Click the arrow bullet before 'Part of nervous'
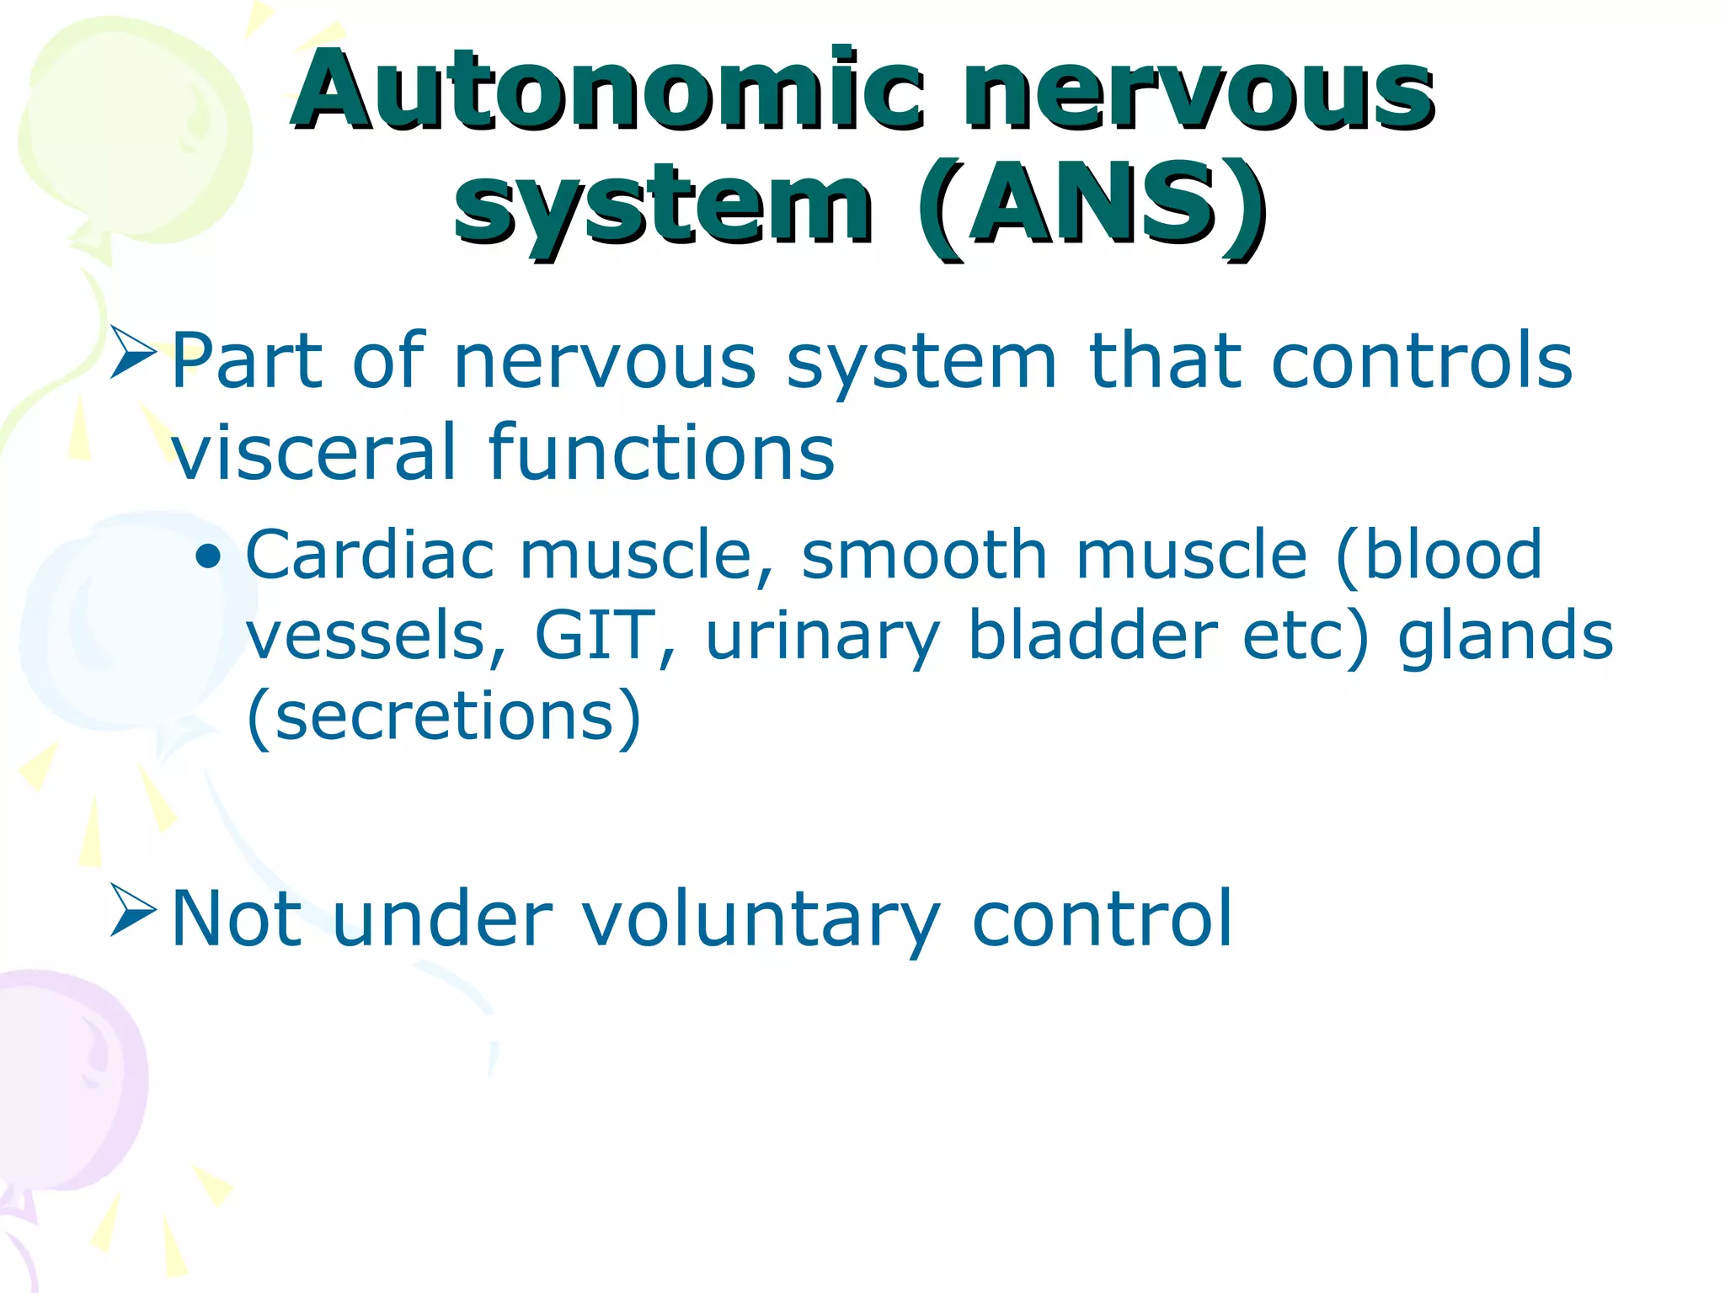coord(134,353)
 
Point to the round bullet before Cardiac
coord(208,556)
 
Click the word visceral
coord(314,452)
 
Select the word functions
coord(662,452)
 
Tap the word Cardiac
coord(370,555)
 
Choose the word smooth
coord(924,555)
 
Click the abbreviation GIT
coord(596,635)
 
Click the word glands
coord(1505,635)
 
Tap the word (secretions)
coord(444,716)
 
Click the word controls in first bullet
coord(1421,361)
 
